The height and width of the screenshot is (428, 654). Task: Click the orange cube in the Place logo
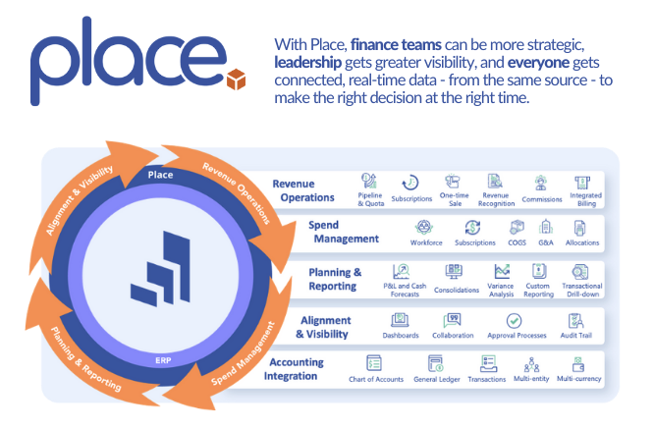click(236, 78)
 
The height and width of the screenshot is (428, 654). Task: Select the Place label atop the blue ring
click(160, 175)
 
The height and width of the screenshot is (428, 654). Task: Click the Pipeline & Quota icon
click(370, 181)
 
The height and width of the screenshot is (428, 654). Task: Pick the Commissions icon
click(540, 182)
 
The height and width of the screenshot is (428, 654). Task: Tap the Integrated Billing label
click(586, 199)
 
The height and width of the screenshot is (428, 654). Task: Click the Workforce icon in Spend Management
click(425, 227)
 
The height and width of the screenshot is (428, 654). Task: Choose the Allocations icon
click(582, 227)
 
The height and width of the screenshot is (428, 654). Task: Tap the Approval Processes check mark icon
click(514, 320)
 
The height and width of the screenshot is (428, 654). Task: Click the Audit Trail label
click(576, 335)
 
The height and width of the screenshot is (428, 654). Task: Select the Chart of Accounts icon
click(374, 363)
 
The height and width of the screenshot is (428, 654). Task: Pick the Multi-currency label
click(579, 378)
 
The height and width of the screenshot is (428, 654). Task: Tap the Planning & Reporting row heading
click(336, 279)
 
